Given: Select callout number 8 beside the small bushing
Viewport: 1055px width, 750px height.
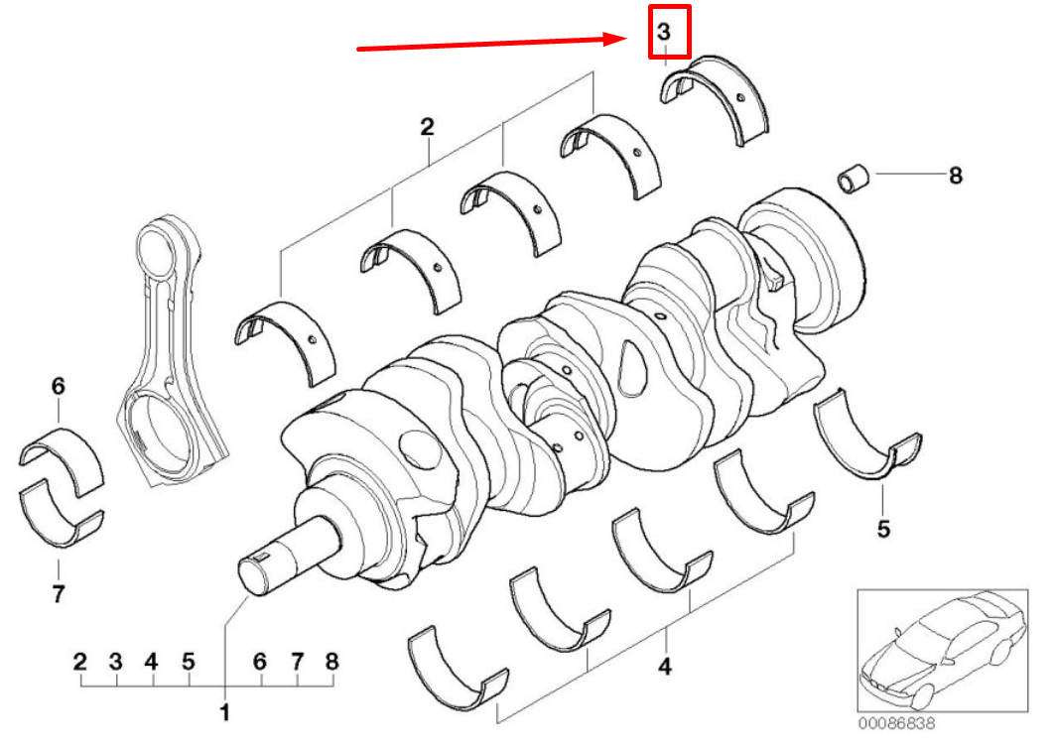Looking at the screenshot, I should point(955,176).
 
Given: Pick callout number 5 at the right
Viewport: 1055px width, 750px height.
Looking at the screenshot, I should point(883,528).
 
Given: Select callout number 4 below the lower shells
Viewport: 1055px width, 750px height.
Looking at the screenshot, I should point(664,667).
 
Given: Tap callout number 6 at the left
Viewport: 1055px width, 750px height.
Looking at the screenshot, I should point(58,386).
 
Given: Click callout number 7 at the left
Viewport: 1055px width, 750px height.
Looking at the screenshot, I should point(58,594).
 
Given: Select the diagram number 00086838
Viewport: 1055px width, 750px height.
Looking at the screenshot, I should point(898,724).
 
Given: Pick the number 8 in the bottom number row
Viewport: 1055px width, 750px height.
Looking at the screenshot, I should point(331,661).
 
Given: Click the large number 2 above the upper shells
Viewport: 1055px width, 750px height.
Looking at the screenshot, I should point(427,127).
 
